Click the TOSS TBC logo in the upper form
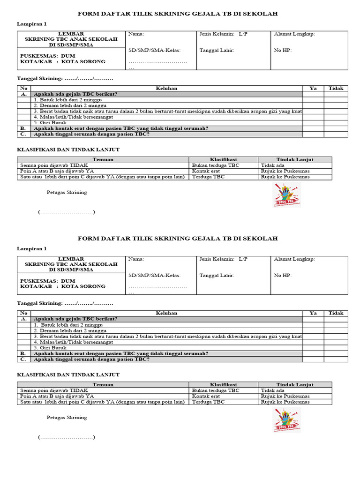click(x=287, y=195)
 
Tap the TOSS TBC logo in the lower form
click(x=287, y=420)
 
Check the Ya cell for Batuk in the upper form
click(x=313, y=100)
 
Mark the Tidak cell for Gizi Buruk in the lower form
click(x=336, y=348)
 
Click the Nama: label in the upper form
click(x=136, y=34)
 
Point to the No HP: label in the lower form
click(x=283, y=276)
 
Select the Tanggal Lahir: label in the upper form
click(x=217, y=51)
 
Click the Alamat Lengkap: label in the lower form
click(x=294, y=259)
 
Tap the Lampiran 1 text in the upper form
click(x=32, y=24)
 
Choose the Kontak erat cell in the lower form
click(x=206, y=396)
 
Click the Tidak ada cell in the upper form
click(x=272, y=165)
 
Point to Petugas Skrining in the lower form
click(x=67, y=417)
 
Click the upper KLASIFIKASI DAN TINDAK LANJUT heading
click(x=68, y=150)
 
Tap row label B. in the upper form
click(x=23, y=128)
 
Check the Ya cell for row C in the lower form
click(x=313, y=360)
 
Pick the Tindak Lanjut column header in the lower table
click(x=294, y=385)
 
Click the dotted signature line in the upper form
click(x=67, y=212)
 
